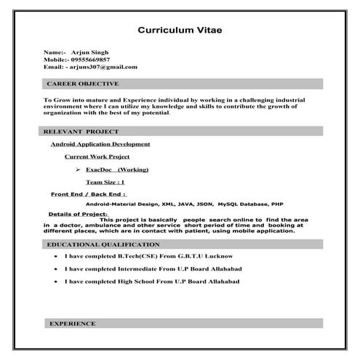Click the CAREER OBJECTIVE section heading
(82, 84)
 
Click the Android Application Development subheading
(100, 145)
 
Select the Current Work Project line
(97, 156)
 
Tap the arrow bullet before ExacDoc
(77, 169)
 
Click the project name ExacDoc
(99, 169)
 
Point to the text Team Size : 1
(105, 182)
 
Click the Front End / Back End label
(88, 195)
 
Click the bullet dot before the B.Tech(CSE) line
(57, 257)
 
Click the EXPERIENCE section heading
(72, 323)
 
